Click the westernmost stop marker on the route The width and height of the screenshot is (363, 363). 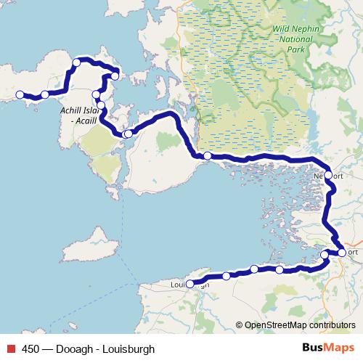pyautogui.click(x=20, y=94)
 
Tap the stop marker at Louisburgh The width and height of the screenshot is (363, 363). pyautogui.click(x=190, y=285)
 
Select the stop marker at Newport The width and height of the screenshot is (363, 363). pyautogui.click(x=328, y=175)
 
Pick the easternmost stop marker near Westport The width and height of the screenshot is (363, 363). pyautogui.click(x=342, y=253)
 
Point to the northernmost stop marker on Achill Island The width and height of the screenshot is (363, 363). pyautogui.click(x=76, y=62)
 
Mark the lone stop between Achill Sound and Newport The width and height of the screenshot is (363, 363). pyautogui.click(x=208, y=155)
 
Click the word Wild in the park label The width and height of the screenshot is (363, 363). pyautogui.click(x=283, y=28)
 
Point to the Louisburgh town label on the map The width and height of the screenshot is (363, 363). pyautogui.click(x=190, y=285)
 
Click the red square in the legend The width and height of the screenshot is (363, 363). pyautogui.click(x=12, y=348)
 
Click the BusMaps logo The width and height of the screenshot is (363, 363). pyautogui.click(x=324, y=348)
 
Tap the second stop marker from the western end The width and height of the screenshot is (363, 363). pyautogui.click(x=45, y=94)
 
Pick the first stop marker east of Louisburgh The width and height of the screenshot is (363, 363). pyautogui.click(x=227, y=276)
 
